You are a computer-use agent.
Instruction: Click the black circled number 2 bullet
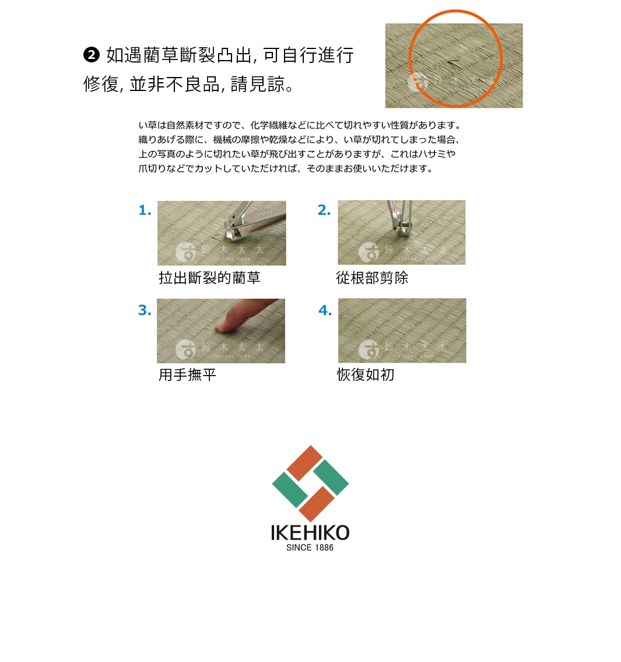coord(92,55)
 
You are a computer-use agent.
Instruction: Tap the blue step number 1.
coord(145,211)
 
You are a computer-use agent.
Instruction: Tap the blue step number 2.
coord(324,211)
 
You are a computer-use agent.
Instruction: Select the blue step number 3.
coord(145,310)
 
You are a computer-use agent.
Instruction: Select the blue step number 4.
coord(325,310)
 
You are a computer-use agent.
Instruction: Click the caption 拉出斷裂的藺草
coord(209,278)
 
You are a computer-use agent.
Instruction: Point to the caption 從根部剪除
coord(372,278)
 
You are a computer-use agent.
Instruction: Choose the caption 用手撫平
coord(187,375)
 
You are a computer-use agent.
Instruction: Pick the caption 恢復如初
coord(366,375)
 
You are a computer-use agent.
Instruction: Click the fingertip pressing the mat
coord(224,324)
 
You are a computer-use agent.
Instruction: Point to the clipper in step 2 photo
coord(401,219)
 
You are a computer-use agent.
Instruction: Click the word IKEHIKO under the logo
coord(310,533)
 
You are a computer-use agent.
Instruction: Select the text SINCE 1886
coord(310,548)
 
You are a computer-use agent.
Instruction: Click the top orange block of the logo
coord(304,463)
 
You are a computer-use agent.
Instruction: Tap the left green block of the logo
coord(290,490)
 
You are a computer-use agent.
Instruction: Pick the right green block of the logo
coord(331,478)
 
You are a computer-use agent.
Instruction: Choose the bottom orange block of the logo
coord(317,504)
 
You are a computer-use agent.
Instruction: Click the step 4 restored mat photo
coord(402,330)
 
